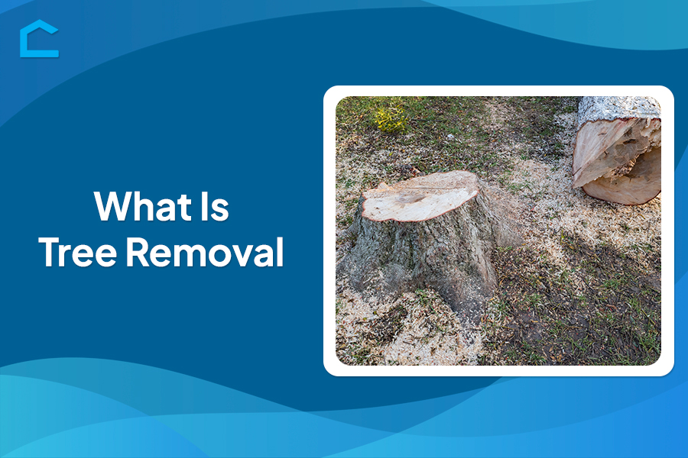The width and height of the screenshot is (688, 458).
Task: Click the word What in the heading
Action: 143,206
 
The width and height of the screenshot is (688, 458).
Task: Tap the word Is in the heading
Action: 215,206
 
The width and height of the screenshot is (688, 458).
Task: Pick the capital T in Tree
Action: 50,252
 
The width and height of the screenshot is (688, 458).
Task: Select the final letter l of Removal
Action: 281,251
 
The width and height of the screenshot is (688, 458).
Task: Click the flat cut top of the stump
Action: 420,196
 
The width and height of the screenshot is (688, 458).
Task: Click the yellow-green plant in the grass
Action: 390,119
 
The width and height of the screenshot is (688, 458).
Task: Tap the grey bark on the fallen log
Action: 618,108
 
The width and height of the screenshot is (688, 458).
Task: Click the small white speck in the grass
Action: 449,137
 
